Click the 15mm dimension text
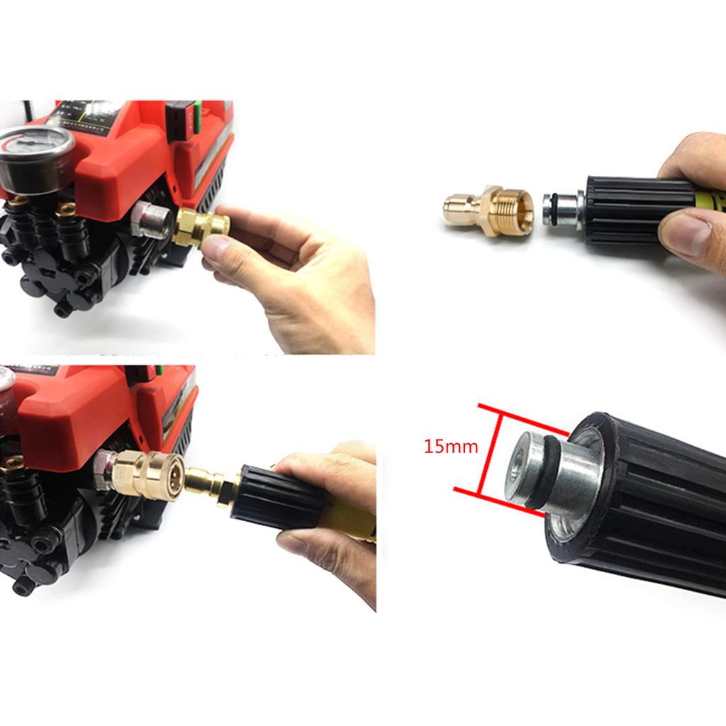point(451,447)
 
